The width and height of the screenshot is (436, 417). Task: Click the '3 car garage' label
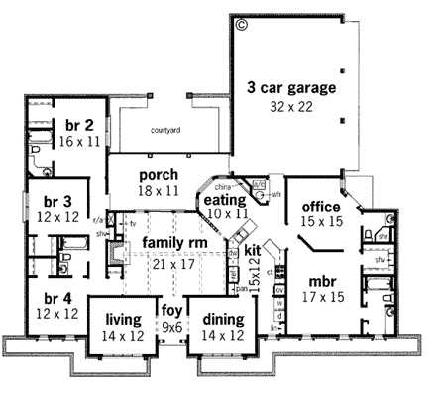(x=291, y=87)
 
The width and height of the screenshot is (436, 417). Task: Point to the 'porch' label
(x=158, y=172)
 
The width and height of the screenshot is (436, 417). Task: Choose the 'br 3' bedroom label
(x=51, y=200)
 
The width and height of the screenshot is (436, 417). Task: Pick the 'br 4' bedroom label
(x=50, y=297)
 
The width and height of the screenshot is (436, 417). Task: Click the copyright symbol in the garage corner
(x=241, y=23)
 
